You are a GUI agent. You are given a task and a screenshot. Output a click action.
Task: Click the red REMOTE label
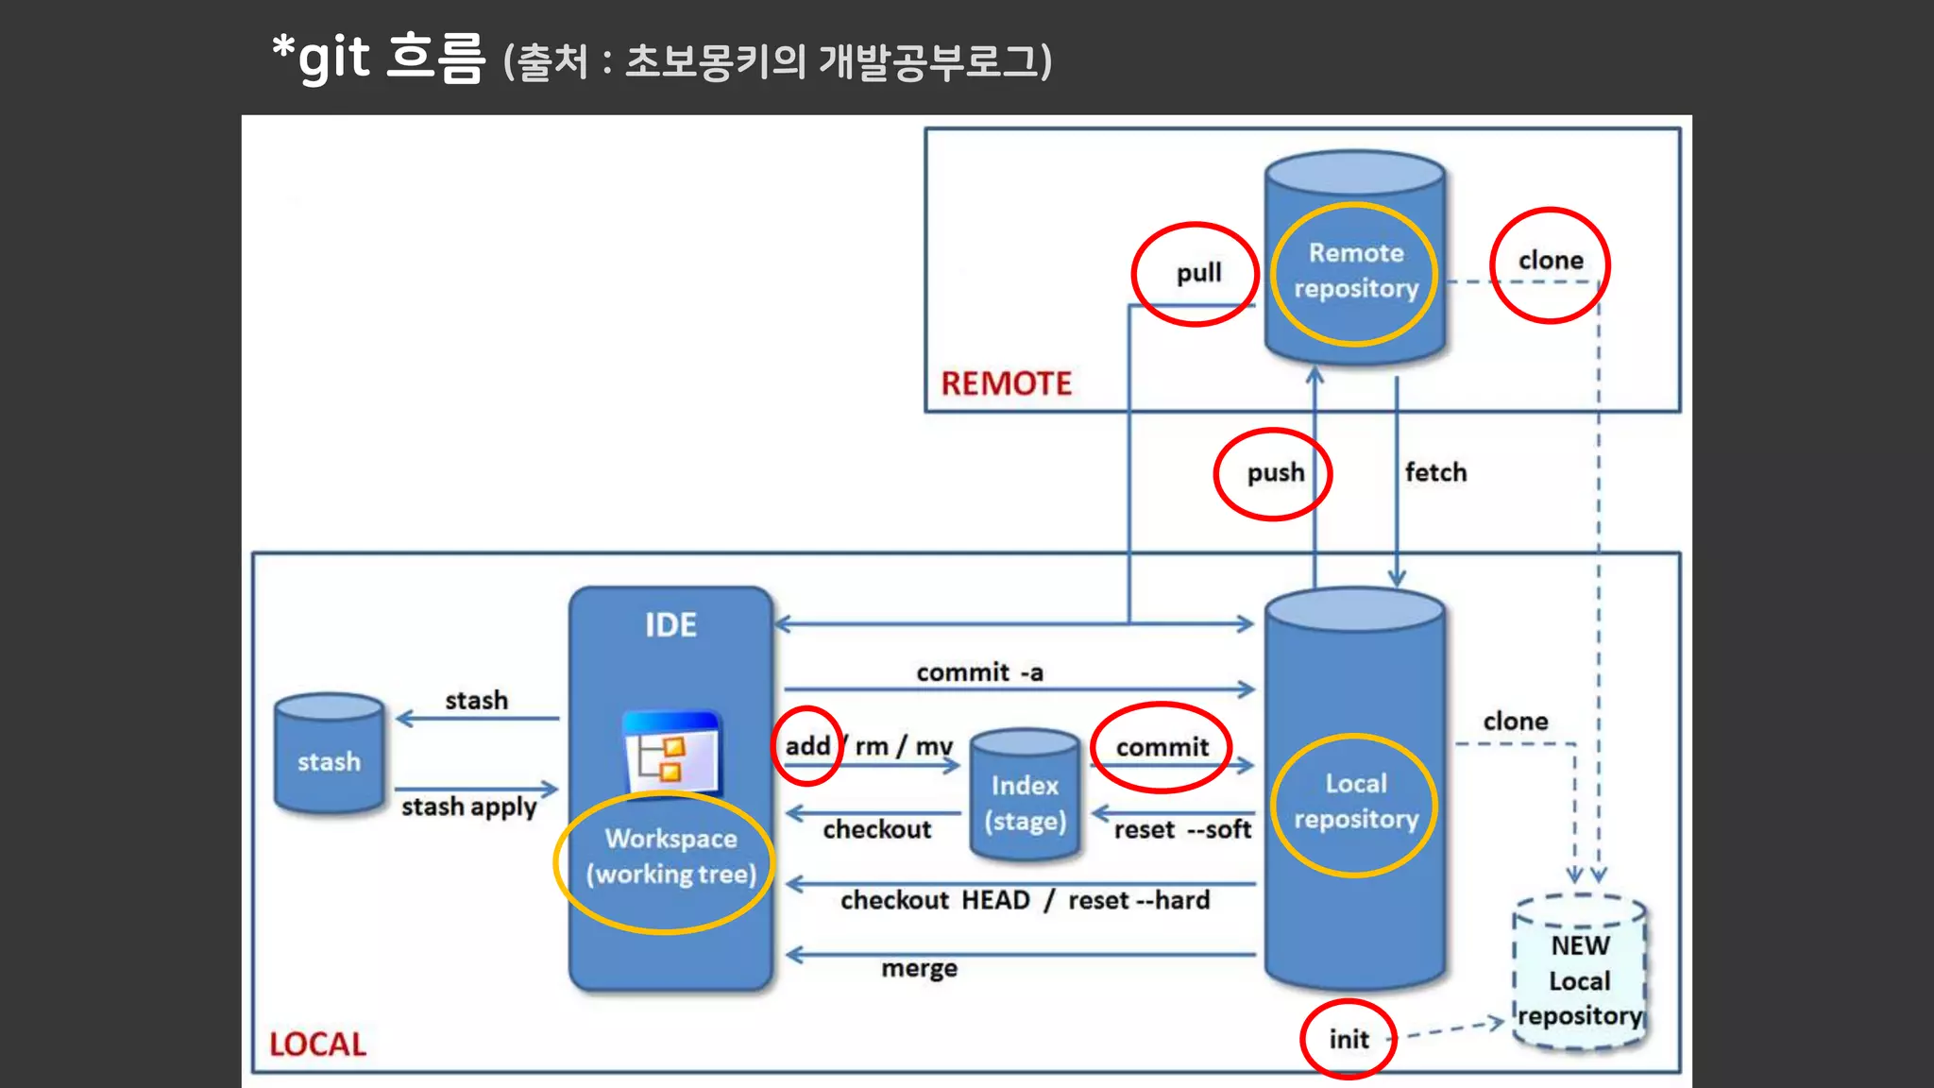coord(1006,383)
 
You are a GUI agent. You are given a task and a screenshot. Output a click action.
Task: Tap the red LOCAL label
coord(317,1044)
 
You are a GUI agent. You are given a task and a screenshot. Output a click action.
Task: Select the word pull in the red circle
coord(1198,273)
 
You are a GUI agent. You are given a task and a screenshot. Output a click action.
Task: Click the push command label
coord(1275,472)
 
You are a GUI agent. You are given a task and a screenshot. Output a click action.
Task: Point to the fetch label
coord(1435,472)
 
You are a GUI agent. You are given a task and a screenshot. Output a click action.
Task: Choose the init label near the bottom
coord(1349,1039)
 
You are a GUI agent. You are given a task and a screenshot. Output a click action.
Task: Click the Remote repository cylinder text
coord(1356,271)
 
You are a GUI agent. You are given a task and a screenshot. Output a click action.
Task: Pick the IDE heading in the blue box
coord(670,625)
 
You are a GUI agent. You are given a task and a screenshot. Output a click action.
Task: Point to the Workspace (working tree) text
coord(670,857)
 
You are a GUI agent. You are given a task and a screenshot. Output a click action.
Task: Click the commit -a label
coord(979,672)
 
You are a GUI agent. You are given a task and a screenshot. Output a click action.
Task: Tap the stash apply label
coord(468,807)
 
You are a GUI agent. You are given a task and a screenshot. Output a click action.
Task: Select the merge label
coord(919,969)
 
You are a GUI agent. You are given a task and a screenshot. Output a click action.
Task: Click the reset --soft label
coord(1182,830)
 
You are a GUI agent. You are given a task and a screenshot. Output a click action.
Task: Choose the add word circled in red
coord(807,746)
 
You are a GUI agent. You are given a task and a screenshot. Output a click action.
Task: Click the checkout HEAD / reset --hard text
coord(1025,900)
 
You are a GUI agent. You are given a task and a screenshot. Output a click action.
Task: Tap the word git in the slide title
coord(334,59)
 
